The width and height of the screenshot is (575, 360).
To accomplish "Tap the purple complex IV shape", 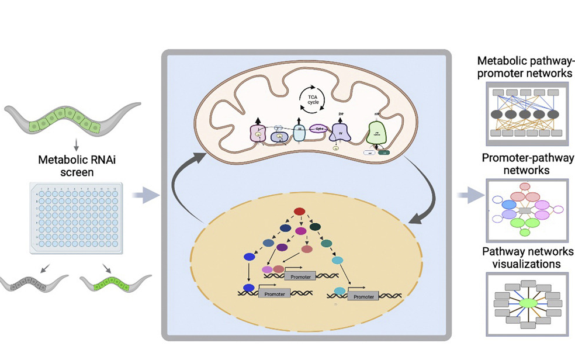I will pyautogui.click(x=341, y=129).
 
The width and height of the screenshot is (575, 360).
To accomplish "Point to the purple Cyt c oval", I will pyautogui.click(x=319, y=130).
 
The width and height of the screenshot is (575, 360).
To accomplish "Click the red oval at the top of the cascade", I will pyautogui.click(x=299, y=212).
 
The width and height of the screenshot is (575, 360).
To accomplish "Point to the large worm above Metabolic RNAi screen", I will pyautogui.click(x=73, y=120).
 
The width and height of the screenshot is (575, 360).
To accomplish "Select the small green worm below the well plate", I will pyautogui.click(x=111, y=284).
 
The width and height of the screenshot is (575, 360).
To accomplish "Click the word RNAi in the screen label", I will pyautogui.click(x=93, y=160).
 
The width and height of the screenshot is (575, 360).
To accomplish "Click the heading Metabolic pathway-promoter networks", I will pyautogui.click(x=524, y=67).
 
